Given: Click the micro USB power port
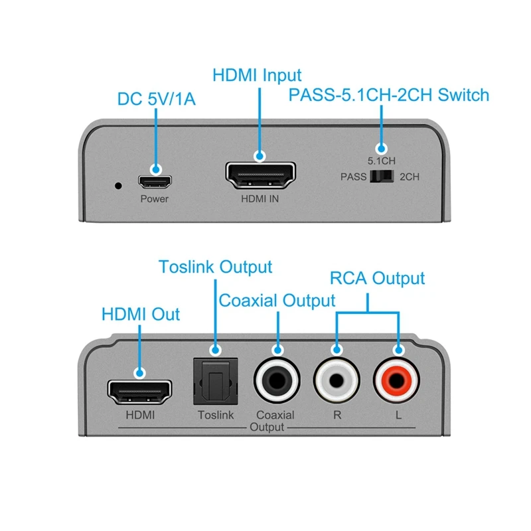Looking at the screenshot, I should [x=155, y=180].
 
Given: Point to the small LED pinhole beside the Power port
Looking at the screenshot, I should [x=118, y=185].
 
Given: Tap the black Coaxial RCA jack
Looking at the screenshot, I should [x=276, y=382].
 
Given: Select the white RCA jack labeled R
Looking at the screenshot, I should [x=337, y=382].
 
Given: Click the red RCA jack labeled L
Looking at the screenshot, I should [x=398, y=382].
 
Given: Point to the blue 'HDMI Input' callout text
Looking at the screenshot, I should [x=257, y=75].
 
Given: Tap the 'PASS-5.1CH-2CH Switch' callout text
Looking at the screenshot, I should [x=388, y=95].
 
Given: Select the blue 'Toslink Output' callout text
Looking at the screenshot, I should [x=215, y=267].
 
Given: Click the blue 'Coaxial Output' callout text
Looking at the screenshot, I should [x=277, y=301].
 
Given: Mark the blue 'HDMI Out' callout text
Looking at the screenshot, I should [x=141, y=313].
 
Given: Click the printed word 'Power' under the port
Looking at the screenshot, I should [x=154, y=198].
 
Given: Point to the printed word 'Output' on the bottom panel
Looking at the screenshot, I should [x=267, y=427].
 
